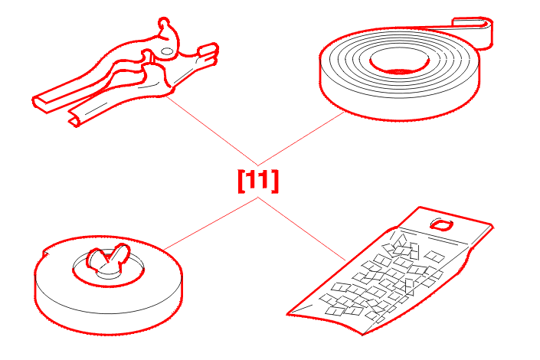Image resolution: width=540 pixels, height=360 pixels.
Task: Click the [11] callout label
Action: point(258,181)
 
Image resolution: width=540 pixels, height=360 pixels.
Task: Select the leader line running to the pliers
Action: point(212,131)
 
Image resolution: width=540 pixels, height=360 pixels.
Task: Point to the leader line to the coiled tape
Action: point(301,139)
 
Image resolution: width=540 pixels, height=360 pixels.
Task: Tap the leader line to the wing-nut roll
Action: point(211,223)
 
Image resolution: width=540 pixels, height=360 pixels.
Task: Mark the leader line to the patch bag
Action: point(302,229)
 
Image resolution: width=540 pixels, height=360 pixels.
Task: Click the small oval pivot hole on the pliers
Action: point(167,51)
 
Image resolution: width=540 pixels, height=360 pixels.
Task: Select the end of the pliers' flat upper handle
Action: point(41,103)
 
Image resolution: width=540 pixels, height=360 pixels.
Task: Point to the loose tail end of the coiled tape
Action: point(482,33)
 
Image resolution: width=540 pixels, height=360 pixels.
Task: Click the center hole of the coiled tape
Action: point(400,62)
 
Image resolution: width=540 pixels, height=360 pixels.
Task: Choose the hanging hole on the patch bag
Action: point(441,225)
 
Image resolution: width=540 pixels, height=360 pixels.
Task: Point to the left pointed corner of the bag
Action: point(288,314)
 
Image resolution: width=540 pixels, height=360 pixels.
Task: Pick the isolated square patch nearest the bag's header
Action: point(434,256)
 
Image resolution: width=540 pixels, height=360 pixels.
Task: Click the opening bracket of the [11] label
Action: point(241,182)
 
